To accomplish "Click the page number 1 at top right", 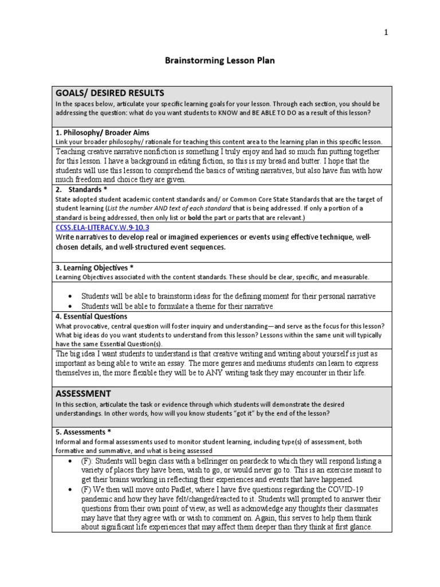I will [x=386, y=32].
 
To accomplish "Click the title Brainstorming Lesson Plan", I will [x=219, y=60].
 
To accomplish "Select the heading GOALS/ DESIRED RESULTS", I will [x=109, y=93].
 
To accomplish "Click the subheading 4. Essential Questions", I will [x=91, y=316].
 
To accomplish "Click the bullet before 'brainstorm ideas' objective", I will [x=69, y=296].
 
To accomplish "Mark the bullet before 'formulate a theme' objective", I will [x=69, y=307].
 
